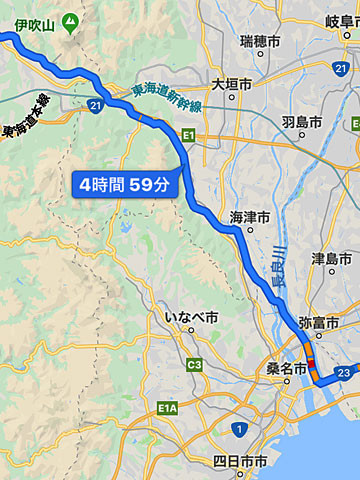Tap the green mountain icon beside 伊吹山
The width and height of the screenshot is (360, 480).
[x=69, y=20]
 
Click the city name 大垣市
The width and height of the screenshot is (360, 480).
[x=232, y=85]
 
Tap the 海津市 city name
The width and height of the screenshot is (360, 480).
[x=251, y=215]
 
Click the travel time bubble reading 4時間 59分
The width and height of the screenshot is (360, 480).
[x=124, y=184]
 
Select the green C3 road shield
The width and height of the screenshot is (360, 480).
[x=194, y=365]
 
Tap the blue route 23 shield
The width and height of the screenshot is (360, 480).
[x=344, y=372]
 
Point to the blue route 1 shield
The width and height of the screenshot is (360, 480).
[x=238, y=429]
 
